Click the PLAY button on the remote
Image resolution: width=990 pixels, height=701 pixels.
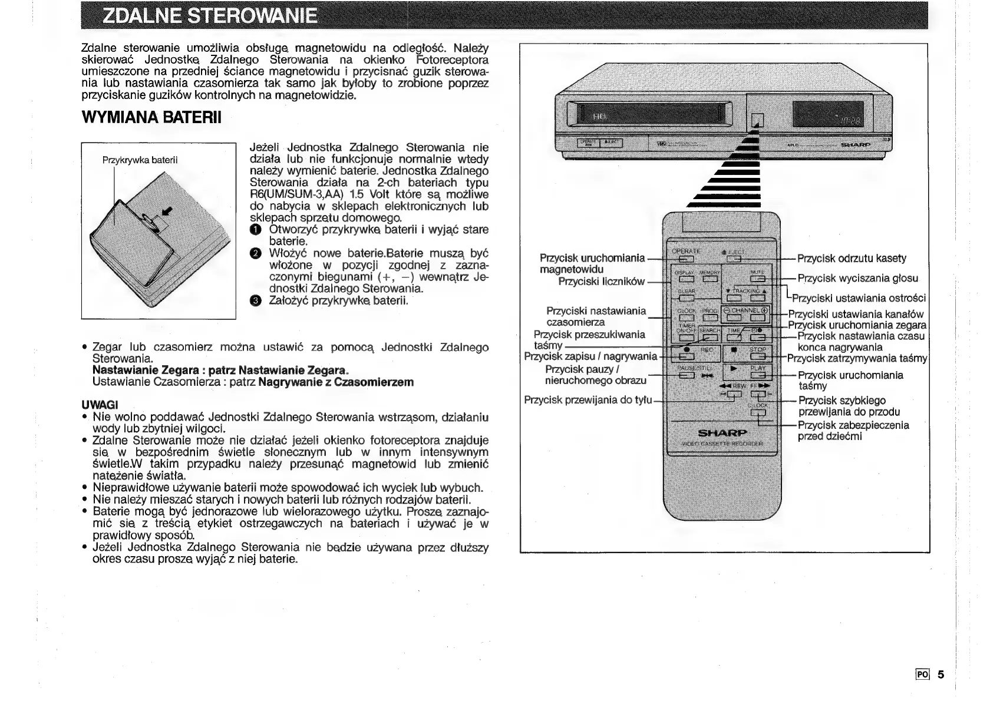point(757,375)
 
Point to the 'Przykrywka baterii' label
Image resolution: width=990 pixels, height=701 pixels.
point(140,160)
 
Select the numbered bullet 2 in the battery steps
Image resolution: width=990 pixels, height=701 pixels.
point(254,254)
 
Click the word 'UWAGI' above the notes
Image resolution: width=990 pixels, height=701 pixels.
point(100,405)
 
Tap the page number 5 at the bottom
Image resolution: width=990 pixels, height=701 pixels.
point(940,674)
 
